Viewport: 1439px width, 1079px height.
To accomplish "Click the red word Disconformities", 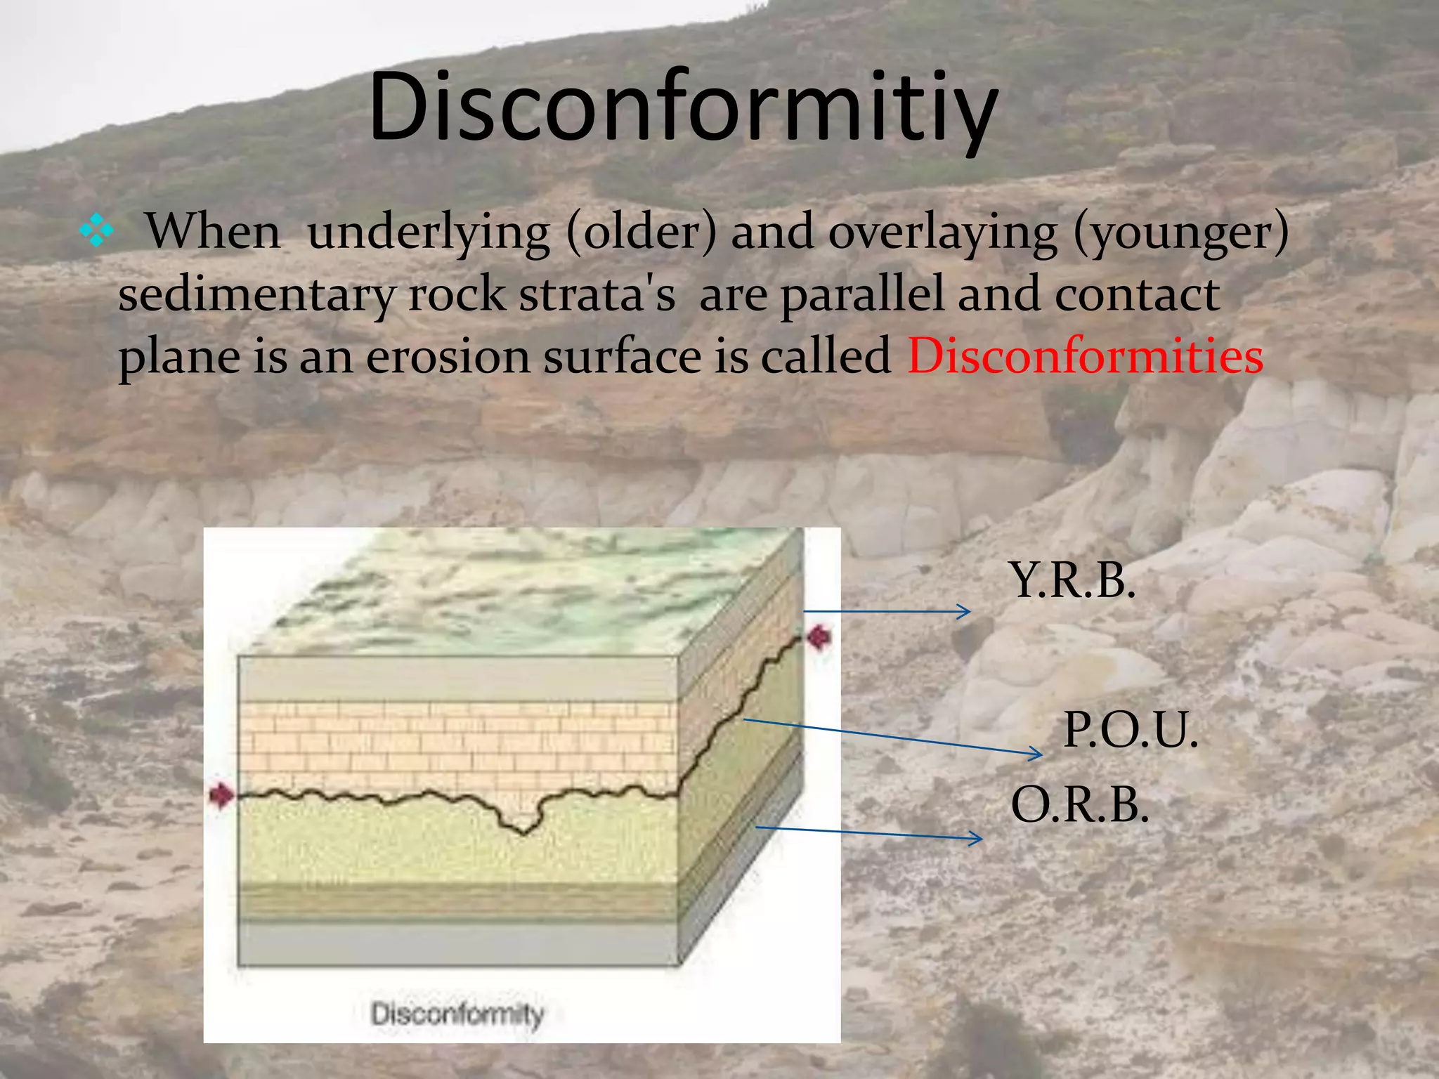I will coord(1085,355).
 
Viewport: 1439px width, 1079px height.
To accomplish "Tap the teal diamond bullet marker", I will coord(96,232).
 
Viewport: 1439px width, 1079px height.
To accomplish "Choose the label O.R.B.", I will coord(1079,804).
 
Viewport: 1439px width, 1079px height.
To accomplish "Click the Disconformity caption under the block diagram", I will coord(457,1014).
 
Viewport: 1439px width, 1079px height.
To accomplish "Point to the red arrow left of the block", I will coord(222,795).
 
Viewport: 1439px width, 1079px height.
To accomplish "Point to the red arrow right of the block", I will coord(819,638).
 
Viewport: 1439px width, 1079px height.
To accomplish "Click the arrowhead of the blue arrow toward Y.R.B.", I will coord(965,612).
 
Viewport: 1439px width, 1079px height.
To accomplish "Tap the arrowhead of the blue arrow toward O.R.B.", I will coord(977,837).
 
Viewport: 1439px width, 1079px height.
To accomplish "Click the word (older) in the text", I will coord(640,232).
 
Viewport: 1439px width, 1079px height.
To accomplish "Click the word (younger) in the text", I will coord(1180,232).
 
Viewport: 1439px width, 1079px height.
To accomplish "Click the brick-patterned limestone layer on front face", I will coord(457,745).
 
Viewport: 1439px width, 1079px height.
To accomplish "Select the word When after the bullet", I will coord(213,232).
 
